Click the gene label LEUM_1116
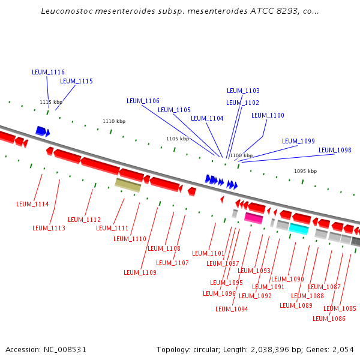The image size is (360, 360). click(48, 72)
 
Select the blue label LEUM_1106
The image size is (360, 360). click(143, 101)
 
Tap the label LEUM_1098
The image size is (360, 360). click(335, 150)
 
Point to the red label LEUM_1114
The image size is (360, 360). click(32, 205)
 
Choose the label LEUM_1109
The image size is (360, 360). click(140, 272)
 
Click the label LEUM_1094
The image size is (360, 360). click(232, 309)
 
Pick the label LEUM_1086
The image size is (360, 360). click(329, 319)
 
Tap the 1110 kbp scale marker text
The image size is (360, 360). click(114, 121)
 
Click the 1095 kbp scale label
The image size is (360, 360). click(305, 171)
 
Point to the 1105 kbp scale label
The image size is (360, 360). click(178, 139)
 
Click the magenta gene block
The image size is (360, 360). click(253, 218)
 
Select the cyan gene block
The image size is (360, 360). click(298, 229)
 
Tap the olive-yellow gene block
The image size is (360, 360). click(128, 185)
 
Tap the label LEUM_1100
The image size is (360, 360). click(268, 115)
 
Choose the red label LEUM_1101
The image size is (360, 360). click(208, 253)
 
